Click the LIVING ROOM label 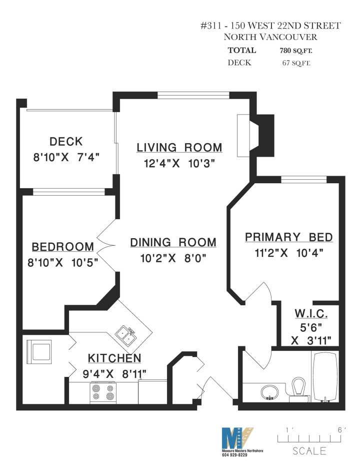(179, 148)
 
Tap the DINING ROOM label (173, 243)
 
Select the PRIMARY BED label (288, 238)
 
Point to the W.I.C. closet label (311, 315)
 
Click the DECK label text (66, 142)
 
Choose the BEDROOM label (62, 247)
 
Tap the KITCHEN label (114, 358)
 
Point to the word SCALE (309, 451)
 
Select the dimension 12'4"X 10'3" (179, 163)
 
